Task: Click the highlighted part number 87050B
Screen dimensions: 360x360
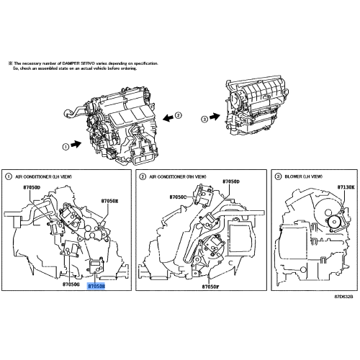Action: pyautogui.click(x=96, y=285)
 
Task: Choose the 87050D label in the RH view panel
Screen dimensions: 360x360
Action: pyautogui.click(x=230, y=181)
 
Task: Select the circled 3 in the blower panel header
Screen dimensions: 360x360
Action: pyautogui.click(x=279, y=176)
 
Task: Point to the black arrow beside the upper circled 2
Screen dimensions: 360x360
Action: pyautogui.click(x=166, y=115)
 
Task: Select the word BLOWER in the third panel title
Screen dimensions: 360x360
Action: pyautogui.click(x=297, y=176)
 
